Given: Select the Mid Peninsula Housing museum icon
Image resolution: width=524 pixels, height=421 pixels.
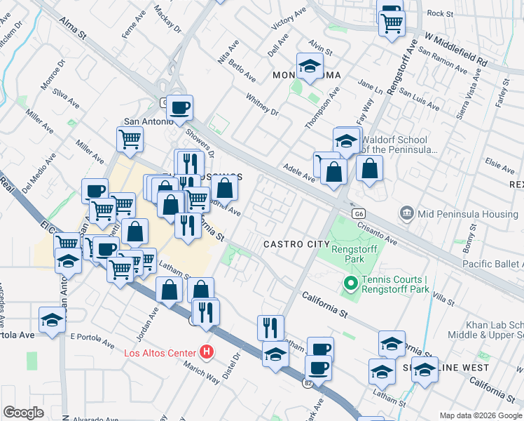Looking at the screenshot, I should point(406,212).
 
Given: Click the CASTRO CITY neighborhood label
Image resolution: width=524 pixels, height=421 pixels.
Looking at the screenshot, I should point(296,243).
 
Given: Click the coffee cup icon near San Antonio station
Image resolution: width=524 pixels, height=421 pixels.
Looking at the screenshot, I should point(179,108).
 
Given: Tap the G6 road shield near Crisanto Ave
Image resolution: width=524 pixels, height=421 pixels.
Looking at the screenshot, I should point(359,213).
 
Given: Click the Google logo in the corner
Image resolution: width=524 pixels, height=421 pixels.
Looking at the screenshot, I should point(24,413).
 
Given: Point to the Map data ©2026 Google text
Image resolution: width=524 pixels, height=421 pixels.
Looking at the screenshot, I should point(481,415).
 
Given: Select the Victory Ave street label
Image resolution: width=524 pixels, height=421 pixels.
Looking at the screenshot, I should point(289,19).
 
